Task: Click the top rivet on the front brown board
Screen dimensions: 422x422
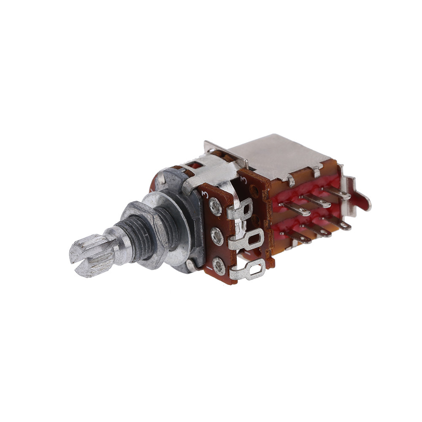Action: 216,207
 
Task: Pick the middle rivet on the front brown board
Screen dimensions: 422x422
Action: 217,236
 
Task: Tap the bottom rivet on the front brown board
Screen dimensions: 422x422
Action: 219,266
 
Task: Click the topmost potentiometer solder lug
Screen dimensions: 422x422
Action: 241,210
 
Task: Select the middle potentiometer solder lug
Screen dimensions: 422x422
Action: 246,240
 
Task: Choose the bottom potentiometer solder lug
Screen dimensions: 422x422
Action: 249,270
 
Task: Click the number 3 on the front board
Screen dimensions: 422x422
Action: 205,194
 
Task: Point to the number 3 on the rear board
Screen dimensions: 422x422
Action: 243,181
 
